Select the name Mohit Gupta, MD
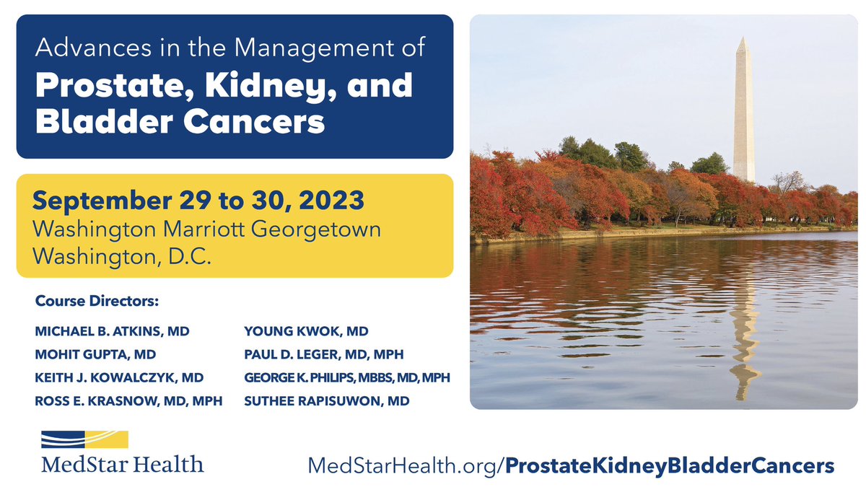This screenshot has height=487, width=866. tap(95, 354)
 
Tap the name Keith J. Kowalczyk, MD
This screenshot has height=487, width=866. tap(119, 377)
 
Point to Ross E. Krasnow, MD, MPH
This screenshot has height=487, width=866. tap(128, 400)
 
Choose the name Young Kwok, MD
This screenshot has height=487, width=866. tap(306, 331)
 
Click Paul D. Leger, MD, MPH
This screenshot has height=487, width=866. tap(323, 354)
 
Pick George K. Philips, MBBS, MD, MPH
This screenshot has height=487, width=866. tap(347, 377)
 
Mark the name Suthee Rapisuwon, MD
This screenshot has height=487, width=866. tap(326, 400)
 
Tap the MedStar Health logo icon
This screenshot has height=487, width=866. tap(84, 439)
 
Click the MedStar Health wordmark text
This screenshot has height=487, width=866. tap(122, 463)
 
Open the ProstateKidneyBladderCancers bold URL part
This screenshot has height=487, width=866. tap(669, 465)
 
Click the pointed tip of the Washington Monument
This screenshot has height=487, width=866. tap(743, 40)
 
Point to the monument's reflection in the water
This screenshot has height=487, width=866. tap(744, 339)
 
